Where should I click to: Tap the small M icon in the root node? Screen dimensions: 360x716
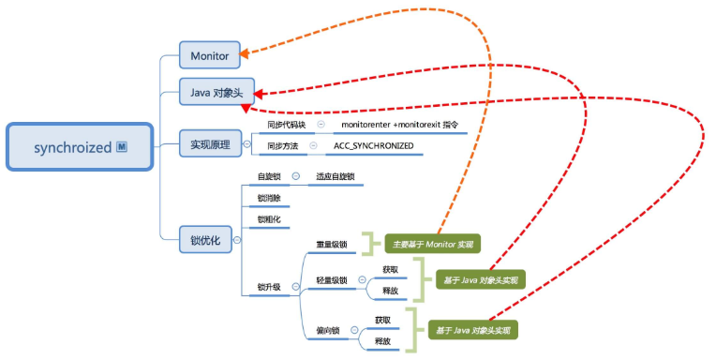122,147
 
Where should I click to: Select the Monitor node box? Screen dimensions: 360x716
209,55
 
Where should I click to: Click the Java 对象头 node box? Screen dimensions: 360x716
216,92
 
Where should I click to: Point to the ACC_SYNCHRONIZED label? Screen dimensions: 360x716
374,146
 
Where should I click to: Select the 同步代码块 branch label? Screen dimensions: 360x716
287,125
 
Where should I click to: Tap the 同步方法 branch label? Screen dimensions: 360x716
282,146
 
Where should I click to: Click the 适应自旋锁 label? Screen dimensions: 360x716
336,176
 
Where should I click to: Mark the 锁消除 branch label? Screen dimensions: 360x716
268,198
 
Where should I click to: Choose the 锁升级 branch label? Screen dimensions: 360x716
269,287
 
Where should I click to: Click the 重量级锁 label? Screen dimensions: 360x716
332,245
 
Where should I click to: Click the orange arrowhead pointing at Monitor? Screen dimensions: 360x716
246,55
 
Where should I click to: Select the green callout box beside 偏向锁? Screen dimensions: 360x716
472,330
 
